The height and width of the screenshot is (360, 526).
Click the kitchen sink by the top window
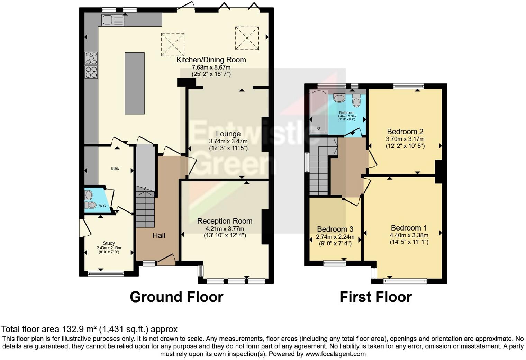point(113,19)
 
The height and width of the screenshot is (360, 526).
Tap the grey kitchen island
point(135,83)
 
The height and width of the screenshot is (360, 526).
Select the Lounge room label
point(228,134)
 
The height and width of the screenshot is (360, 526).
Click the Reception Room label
point(225,221)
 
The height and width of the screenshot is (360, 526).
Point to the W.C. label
point(103,206)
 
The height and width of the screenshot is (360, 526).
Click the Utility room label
point(115,168)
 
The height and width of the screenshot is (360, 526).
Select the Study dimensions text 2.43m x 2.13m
point(109,248)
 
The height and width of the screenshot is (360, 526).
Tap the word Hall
point(159,235)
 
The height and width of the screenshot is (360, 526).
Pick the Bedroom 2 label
point(405,132)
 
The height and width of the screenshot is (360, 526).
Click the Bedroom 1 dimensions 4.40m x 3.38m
point(409,235)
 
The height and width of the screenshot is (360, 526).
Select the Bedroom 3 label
point(335,229)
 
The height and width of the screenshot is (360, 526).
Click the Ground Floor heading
point(176,297)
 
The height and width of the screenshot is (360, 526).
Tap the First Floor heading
point(376,297)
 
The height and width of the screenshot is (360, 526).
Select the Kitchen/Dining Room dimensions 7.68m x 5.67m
point(211,67)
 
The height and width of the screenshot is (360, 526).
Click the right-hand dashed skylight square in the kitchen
point(247,38)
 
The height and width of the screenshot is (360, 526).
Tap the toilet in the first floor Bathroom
point(356,100)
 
